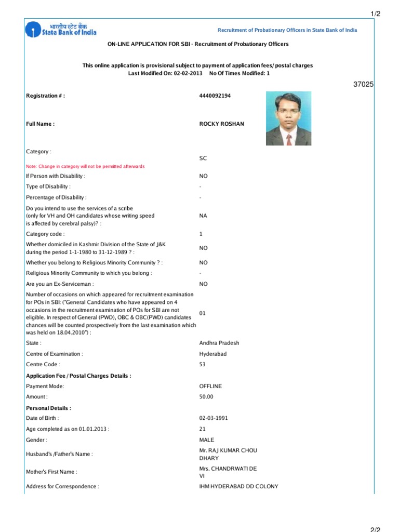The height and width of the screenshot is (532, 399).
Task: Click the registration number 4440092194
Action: [x=216, y=96]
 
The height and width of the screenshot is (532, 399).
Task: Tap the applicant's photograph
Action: [x=289, y=118]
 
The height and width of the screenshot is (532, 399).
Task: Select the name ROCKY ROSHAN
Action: [x=221, y=124]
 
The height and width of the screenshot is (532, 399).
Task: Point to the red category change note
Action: [x=85, y=166]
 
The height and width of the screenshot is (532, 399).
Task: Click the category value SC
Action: [x=203, y=158]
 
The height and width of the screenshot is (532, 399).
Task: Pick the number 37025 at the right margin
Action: [x=363, y=84]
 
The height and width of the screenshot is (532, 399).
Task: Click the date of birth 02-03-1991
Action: [x=214, y=418]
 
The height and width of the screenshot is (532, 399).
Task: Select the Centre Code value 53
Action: [x=203, y=365]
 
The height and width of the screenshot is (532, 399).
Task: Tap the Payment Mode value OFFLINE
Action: [x=210, y=386]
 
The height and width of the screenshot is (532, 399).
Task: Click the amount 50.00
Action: [x=206, y=397]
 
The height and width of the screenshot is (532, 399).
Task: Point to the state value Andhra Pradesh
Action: [x=219, y=343]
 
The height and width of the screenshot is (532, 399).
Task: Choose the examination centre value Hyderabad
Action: [x=212, y=354]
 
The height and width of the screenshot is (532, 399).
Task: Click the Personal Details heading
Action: [x=49, y=408]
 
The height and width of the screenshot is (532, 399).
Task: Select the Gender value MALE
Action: [x=206, y=440]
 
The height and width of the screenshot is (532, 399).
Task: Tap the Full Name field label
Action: [x=41, y=124]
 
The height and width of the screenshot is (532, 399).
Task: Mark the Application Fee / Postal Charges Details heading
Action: [x=78, y=376]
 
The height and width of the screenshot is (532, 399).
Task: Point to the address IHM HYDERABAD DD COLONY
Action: [x=238, y=486]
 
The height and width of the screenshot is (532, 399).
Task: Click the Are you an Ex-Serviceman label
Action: [x=60, y=284]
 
